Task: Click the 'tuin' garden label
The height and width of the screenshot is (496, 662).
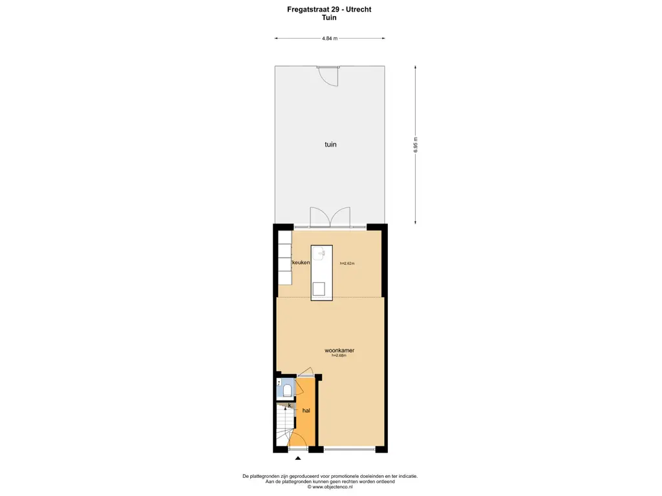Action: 330,145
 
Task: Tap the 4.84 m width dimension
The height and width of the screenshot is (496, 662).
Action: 330,39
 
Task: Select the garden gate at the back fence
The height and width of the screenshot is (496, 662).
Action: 328,76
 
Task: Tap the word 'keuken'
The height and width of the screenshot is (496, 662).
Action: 301,263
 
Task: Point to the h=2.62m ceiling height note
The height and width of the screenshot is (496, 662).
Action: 348,263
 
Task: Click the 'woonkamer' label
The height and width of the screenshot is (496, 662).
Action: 339,351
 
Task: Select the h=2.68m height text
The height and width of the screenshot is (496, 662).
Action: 339,356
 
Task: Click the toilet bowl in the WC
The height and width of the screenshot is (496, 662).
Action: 288,389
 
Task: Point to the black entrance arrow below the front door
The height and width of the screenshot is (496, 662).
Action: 298,459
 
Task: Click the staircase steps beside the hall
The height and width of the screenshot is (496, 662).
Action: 283,426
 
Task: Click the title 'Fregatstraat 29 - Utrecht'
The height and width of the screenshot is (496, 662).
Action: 330,10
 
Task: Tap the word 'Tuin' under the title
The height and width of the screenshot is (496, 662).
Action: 330,18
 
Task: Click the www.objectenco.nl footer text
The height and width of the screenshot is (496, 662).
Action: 330,486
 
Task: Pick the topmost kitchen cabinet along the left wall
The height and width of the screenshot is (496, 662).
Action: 284,237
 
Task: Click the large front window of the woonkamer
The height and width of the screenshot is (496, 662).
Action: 349,449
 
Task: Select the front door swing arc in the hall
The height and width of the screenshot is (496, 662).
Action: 299,441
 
